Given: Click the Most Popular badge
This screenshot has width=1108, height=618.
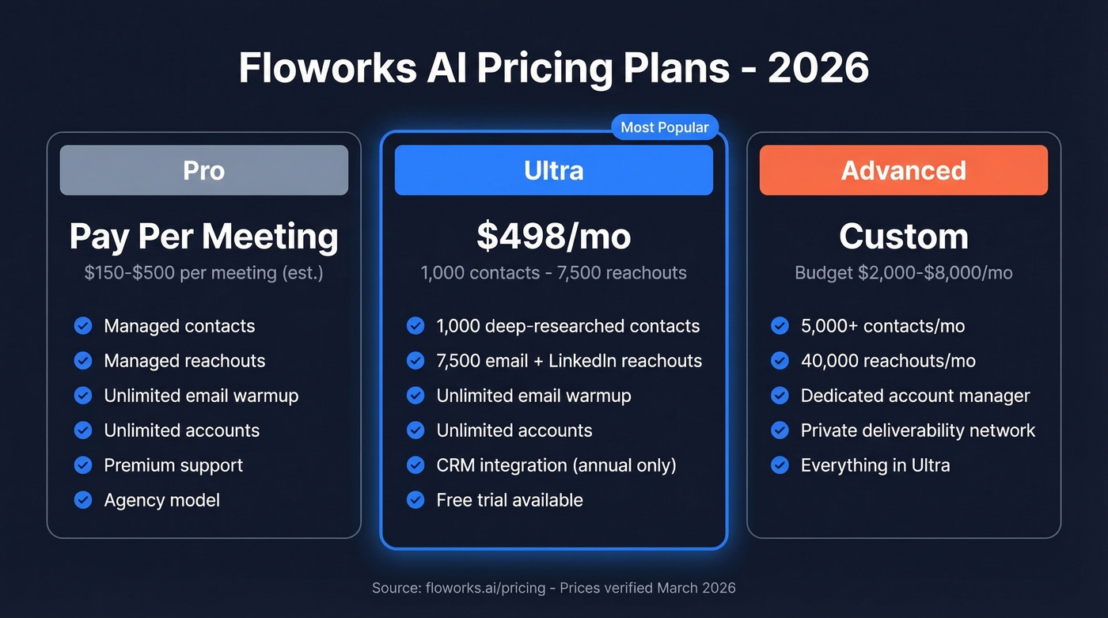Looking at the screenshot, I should point(665,127).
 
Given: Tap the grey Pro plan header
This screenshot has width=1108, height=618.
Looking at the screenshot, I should point(204,170).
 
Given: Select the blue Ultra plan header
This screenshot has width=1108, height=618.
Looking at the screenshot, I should point(554,170).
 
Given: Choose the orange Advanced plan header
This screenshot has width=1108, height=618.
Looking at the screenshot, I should point(904,170).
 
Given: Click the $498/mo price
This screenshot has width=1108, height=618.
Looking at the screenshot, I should point(554,237).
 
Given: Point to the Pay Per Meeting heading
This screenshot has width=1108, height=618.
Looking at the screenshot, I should point(204,237).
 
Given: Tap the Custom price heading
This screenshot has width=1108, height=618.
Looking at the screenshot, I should point(904,237).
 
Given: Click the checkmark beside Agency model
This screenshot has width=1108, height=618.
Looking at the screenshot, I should point(83,500).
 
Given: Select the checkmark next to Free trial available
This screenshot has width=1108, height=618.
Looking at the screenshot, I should point(415,500).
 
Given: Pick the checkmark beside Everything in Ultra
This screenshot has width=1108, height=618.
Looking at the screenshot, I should point(780,465).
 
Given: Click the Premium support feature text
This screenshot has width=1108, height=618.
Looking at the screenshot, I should point(173,465).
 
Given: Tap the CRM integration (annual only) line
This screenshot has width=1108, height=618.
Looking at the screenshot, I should point(556,465).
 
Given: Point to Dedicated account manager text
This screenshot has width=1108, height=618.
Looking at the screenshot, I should point(916,396).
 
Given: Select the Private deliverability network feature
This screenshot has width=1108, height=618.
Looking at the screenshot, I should point(918,430).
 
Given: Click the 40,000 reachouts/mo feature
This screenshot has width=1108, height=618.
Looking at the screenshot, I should point(888,361).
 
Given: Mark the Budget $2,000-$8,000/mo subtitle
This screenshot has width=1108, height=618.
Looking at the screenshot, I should point(904,274).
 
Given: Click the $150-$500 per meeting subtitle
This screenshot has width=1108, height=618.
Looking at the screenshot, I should point(204,274).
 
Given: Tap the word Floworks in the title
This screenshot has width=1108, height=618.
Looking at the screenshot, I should point(327,69).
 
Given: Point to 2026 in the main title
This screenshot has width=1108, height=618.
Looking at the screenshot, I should point(818,69).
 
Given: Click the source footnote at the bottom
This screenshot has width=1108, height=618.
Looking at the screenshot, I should point(554,588).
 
